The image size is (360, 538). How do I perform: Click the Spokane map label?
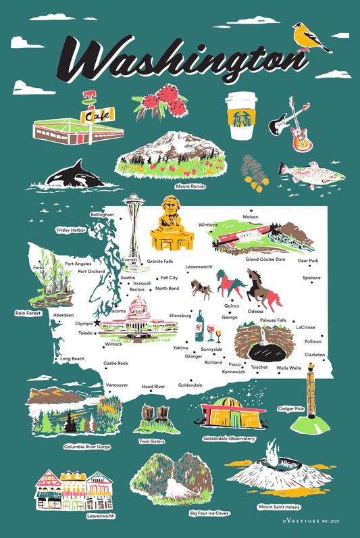point(311,278)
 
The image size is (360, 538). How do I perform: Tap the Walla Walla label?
point(290,368)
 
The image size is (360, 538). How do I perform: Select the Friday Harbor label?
point(71,230)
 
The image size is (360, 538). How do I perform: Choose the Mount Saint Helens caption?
point(279,506)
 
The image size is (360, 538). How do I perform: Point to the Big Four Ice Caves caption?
point(207,513)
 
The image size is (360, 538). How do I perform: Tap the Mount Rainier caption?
point(190,186)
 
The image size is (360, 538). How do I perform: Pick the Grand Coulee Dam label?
point(265,259)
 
